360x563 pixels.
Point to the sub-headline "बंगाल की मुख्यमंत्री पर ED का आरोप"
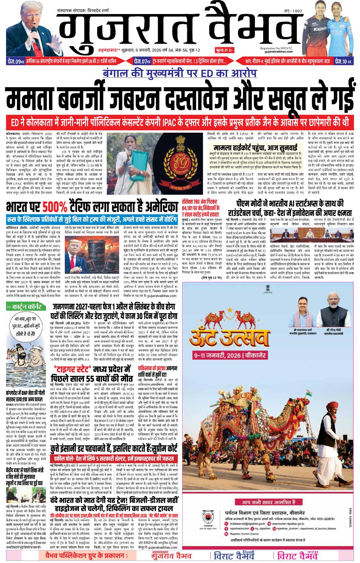(x=179, y=73)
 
